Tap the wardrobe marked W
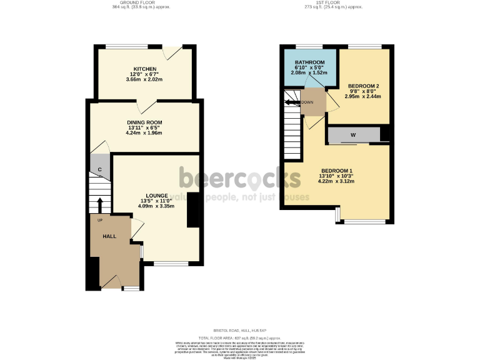click(353, 134)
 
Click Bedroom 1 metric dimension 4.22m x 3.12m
click(337, 182)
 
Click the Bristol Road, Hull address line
click(239, 331)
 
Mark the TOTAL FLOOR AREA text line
click(239, 337)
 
